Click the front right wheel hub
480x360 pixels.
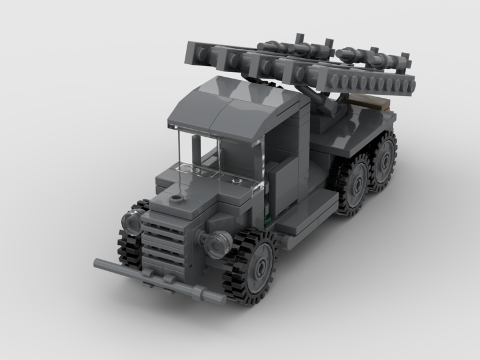[x=260, y=265]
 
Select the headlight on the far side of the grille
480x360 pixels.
[x=131, y=223]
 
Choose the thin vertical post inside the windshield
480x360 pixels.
[x=195, y=150]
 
